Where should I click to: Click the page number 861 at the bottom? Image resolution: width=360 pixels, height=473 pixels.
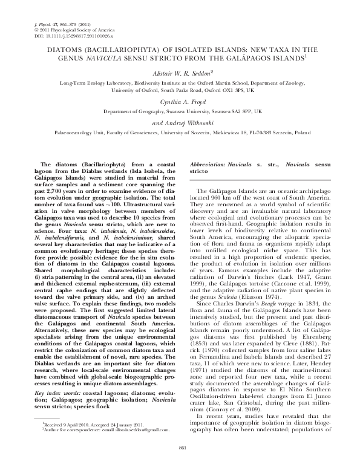(x=180, y=464)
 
